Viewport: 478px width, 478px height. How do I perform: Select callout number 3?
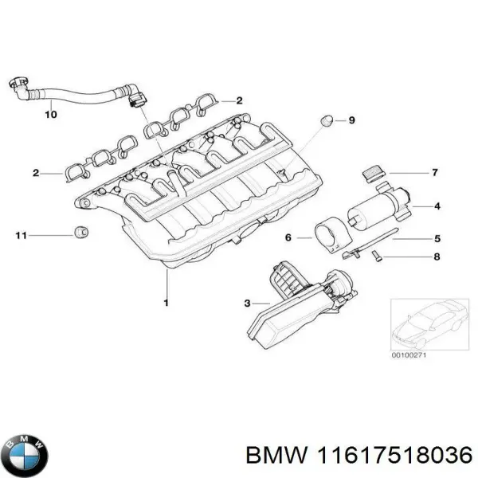tap(248, 304)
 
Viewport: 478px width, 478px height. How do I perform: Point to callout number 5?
tap(437, 237)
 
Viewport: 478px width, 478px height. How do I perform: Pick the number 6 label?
tap(288, 237)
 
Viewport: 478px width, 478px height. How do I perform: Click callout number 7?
tap(436, 172)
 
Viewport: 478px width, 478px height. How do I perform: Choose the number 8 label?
tap(437, 257)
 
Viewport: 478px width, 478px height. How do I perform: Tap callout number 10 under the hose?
tap(50, 115)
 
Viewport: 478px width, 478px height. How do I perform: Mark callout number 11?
tap(21, 235)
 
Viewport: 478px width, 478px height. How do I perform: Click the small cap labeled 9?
tap(325, 120)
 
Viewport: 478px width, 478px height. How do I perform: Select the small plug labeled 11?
tap(80, 233)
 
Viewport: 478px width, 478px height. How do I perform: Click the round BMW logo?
tap(25, 454)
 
